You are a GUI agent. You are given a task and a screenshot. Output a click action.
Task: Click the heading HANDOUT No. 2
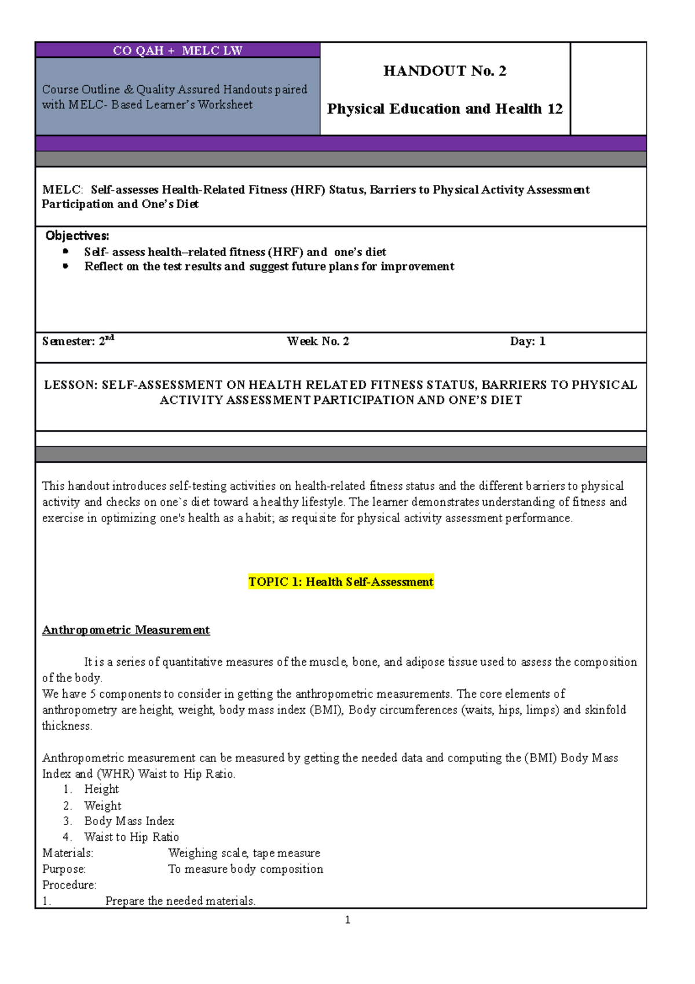click(x=444, y=71)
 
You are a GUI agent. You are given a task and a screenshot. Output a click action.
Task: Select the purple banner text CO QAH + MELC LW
click(x=177, y=50)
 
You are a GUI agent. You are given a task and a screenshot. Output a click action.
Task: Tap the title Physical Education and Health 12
click(x=444, y=109)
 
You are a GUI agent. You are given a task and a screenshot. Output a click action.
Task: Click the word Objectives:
click(x=77, y=236)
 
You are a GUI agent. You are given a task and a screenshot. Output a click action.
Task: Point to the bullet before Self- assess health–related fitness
click(x=66, y=252)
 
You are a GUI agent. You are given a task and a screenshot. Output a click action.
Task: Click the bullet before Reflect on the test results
click(x=66, y=266)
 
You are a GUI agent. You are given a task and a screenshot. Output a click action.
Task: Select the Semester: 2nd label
click(x=78, y=341)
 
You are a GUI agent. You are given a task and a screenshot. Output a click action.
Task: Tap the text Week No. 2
click(x=318, y=341)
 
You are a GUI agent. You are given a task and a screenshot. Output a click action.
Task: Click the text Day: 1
click(x=527, y=341)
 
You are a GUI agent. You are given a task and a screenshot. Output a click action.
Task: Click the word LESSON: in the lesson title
click(x=71, y=385)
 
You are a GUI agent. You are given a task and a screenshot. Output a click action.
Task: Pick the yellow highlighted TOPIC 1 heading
click(x=341, y=582)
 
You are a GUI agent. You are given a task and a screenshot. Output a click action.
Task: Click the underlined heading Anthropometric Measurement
click(x=126, y=630)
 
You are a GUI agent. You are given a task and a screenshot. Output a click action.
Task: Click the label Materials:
click(x=67, y=853)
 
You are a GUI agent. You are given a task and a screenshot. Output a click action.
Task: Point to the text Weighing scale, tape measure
click(x=244, y=853)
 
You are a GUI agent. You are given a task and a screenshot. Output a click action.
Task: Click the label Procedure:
click(x=69, y=885)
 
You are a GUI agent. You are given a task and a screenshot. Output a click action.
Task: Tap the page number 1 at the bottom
click(x=348, y=920)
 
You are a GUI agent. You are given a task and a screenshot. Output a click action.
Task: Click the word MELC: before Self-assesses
click(x=63, y=190)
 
